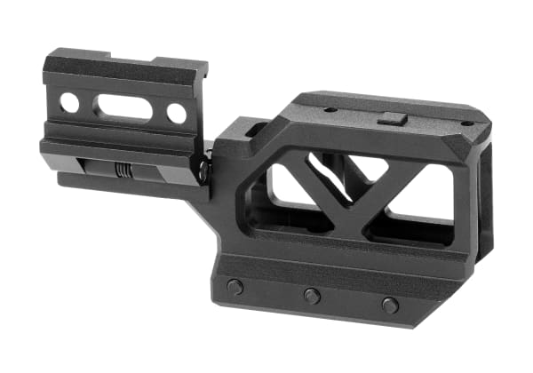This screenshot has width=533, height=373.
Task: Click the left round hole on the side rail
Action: click(x=69, y=102)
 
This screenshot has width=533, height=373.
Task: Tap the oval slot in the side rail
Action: click(x=123, y=108)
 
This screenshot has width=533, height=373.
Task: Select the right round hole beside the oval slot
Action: click(x=177, y=114)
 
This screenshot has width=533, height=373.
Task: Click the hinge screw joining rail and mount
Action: click(x=203, y=170)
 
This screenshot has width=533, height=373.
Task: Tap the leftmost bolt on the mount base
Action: click(x=235, y=286)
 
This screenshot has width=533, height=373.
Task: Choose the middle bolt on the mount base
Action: click(x=311, y=296)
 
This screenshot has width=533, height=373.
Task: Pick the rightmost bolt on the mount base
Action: click(x=389, y=305)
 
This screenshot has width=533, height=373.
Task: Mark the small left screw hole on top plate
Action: click(x=330, y=110)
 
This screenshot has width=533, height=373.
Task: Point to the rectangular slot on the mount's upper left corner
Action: click(x=255, y=131)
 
